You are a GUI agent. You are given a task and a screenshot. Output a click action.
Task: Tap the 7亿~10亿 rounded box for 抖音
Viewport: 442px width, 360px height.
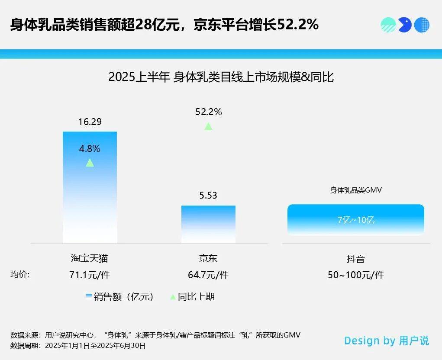356,219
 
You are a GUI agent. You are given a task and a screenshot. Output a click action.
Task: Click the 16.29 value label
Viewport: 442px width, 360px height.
90,122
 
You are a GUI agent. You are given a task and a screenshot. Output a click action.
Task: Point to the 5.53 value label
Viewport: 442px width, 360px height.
208,196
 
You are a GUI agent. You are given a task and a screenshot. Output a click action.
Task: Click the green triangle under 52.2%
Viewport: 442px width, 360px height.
208,126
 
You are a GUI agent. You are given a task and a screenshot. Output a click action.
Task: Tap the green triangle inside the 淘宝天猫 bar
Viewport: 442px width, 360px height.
90,163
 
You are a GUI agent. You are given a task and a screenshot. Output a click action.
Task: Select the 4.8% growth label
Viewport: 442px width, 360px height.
90,148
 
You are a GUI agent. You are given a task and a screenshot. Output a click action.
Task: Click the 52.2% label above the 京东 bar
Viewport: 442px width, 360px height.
208,112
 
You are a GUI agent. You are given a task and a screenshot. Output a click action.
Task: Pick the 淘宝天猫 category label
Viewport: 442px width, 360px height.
90,259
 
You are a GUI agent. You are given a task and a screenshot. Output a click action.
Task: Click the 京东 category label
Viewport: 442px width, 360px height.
208,259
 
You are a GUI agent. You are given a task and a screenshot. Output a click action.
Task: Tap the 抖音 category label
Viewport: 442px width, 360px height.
356,259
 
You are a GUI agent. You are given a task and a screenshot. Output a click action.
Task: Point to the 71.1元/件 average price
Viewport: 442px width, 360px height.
90,275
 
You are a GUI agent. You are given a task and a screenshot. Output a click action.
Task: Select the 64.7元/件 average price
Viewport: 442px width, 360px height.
208,275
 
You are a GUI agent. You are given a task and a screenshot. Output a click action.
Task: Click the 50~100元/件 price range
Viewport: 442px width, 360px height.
356,275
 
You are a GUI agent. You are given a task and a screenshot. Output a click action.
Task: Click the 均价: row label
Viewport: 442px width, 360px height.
20,274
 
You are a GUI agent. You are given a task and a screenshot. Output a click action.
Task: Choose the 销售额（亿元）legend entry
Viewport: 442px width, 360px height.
120,297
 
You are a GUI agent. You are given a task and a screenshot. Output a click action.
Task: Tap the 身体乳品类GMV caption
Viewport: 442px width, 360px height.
356,190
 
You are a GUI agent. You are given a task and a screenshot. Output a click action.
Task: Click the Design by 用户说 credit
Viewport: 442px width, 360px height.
387,341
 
